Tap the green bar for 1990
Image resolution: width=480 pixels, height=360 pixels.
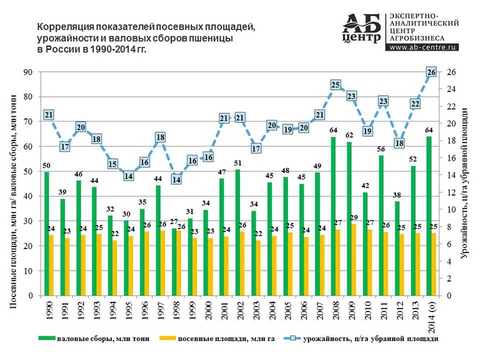(x=47, y=234)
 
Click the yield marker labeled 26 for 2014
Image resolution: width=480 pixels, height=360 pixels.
(x=431, y=72)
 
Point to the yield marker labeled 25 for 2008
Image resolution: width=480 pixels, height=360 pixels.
(x=335, y=85)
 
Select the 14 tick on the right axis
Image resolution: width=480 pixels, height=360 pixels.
(x=451, y=175)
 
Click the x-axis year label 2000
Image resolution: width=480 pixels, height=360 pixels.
(x=206, y=311)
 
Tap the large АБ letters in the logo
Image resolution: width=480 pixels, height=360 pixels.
(x=362, y=24)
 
